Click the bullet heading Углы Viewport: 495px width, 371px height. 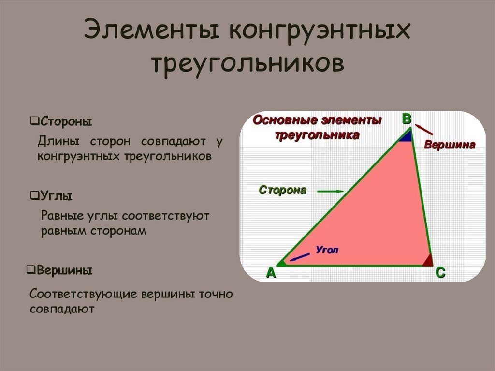coord(57,196)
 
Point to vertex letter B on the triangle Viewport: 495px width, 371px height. coord(407,119)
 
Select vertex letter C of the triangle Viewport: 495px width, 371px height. coord(440,273)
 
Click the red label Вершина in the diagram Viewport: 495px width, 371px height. coord(450,145)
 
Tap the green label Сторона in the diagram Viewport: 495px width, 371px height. coord(282,190)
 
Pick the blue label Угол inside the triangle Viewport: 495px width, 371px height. coord(327,250)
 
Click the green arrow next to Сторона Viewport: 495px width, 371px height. coord(330,192)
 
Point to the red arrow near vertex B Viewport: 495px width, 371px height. coord(424,130)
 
